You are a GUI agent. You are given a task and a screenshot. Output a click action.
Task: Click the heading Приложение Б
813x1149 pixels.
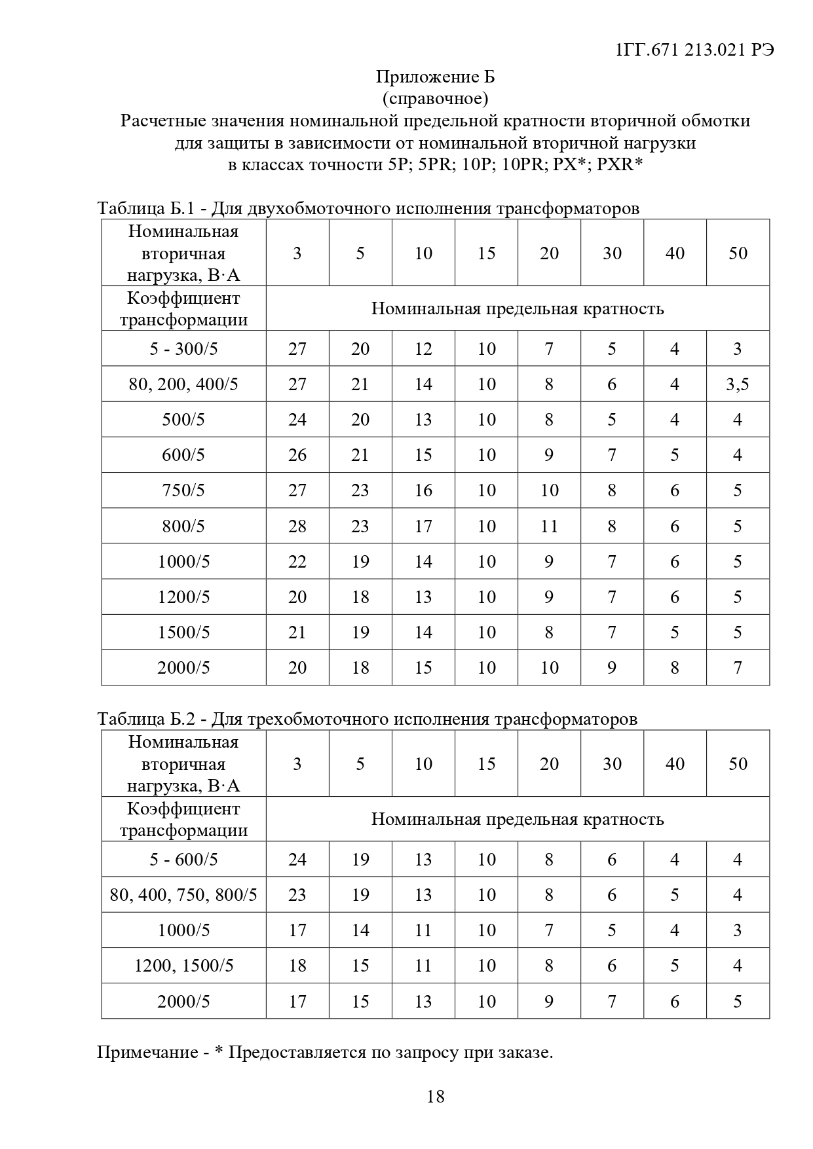click(x=435, y=77)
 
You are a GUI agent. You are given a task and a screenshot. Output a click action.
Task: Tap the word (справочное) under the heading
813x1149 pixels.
click(x=435, y=99)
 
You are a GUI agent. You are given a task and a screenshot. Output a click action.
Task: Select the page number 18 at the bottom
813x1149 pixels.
click(x=435, y=1097)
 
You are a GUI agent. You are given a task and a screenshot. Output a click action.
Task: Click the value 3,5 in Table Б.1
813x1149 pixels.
click(x=738, y=384)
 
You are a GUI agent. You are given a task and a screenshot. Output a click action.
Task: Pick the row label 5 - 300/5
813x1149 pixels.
click(x=183, y=349)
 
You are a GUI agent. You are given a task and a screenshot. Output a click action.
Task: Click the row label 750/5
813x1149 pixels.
click(x=183, y=490)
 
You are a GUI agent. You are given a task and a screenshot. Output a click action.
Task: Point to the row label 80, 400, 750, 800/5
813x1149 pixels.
click(x=183, y=895)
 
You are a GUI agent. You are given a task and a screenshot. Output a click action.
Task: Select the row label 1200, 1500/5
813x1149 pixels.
click(x=183, y=966)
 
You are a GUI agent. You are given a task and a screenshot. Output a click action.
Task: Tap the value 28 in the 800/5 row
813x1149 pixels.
click(x=297, y=526)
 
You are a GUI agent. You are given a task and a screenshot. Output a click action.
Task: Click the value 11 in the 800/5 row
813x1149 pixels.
click(x=549, y=526)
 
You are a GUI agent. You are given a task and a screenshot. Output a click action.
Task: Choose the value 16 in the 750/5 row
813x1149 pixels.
click(x=423, y=490)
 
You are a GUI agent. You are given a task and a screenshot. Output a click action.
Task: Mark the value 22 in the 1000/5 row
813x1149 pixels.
click(x=297, y=562)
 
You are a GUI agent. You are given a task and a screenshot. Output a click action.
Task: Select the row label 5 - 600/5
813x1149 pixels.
click(x=183, y=860)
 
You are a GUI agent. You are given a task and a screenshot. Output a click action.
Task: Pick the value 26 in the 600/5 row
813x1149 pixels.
click(x=297, y=455)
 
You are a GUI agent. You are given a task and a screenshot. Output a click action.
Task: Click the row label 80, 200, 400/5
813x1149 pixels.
click(x=183, y=384)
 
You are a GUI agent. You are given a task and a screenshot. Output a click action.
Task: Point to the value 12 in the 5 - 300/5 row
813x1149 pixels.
click(x=423, y=349)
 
